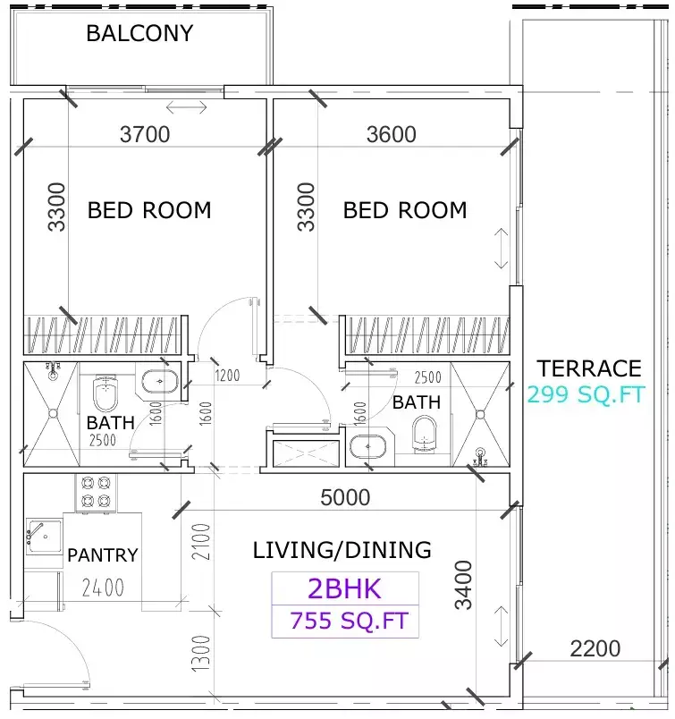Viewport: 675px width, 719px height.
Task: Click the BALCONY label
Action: [139, 34]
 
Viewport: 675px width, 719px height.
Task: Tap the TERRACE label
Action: [589, 368]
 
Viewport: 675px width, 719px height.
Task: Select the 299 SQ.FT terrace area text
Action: [585, 394]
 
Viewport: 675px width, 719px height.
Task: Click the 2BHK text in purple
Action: [344, 588]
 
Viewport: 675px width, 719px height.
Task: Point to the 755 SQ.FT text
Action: [345, 620]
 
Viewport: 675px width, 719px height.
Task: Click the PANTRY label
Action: [103, 555]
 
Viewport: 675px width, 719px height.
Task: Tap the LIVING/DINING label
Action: [342, 550]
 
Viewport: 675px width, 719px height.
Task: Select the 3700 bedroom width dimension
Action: [145, 135]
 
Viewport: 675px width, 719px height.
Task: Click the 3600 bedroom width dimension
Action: [392, 135]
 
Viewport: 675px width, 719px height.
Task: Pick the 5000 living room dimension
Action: [345, 497]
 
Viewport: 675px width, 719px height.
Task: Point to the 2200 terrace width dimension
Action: [595, 648]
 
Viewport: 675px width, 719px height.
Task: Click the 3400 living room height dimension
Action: [463, 585]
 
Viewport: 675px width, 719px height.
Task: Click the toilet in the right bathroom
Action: [425, 436]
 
